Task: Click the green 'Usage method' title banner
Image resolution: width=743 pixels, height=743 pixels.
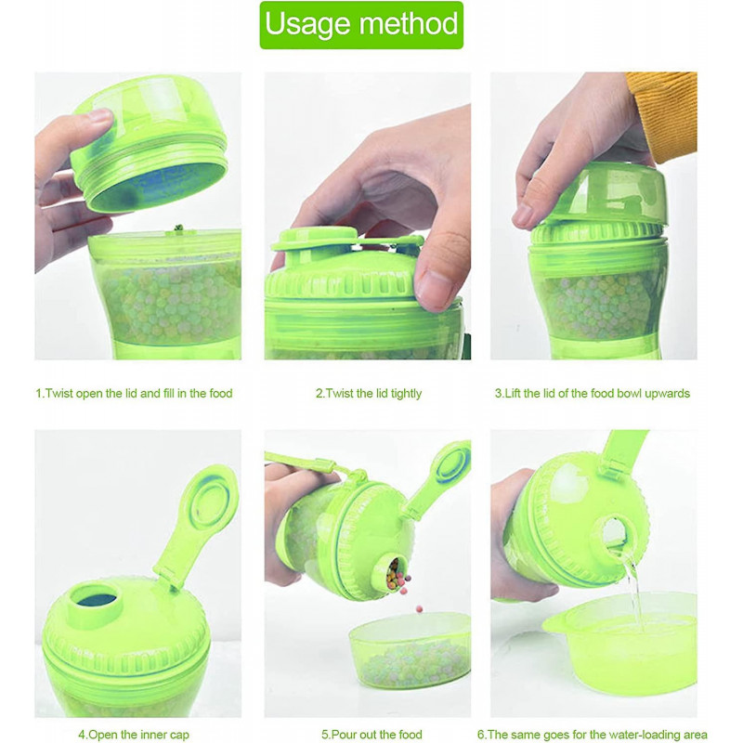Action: (x=361, y=25)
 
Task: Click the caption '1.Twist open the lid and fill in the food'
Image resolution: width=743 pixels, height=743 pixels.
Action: (x=134, y=393)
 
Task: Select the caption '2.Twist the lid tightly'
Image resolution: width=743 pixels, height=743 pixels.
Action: (x=368, y=393)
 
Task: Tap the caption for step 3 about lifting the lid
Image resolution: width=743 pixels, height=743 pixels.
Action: (x=592, y=393)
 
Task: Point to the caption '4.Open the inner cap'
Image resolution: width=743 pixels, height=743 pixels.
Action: (x=134, y=735)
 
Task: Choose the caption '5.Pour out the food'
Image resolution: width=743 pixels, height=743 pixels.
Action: (x=371, y=735)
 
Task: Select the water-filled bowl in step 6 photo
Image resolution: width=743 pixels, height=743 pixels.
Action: (x=618, y=641)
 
